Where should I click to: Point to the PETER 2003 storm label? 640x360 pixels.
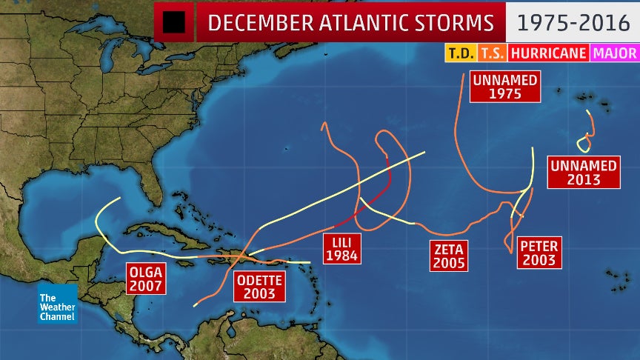coord(539,253)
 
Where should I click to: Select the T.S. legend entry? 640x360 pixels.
coord(491,53)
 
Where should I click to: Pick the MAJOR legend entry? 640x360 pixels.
coord(615,53)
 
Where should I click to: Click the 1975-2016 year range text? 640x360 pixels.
coord(573,22)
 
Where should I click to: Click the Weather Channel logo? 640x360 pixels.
coord(58,303)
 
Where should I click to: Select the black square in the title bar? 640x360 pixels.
coord(174,22)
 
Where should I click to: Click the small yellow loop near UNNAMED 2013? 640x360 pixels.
coord(584,144)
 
